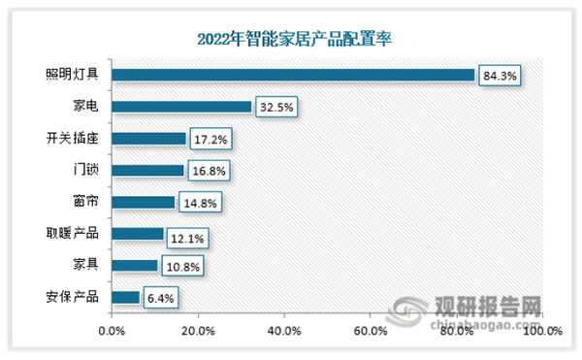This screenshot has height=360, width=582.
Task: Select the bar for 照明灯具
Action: tap(293, 75)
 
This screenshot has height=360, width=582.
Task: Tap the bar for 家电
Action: tap(181, 107)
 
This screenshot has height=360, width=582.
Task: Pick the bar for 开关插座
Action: tap(148, 139)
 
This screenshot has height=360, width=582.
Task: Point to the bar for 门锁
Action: tap(147, 171)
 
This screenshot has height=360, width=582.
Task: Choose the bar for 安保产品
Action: tap(126, 297)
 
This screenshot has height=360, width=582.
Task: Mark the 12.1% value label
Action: tap(188, 235)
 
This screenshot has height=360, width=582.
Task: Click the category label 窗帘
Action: tap(85, 203)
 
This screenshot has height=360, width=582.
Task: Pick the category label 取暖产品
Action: tap(73, 234)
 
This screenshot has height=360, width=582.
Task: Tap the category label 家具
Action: tap(85, 266)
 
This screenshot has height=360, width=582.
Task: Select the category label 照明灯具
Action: tap(73, 75)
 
